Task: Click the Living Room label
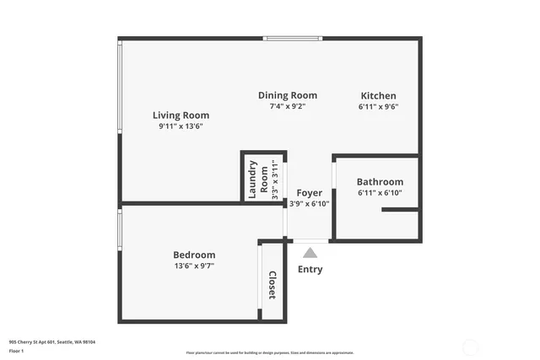click(x=181, y=115)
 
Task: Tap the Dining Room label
click(x=287, y=95)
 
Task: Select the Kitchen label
click(x=378, y=95)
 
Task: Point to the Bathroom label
click(x=380, y=181)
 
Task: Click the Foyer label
click(x=309, y=193)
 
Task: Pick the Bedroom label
click(x=194, y=255)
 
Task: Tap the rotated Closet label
click(x=272, y=285)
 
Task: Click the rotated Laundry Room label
click(x=258, y=177)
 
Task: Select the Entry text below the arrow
click(x=310, y=270)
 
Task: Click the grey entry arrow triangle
click(x=310, y=252)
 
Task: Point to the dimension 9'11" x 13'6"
click(x=181, y=126)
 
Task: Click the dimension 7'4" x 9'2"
click(x=287, y=107)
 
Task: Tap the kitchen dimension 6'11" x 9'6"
click(x=378, y=107)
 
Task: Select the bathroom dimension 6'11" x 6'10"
click(x=380, y=193)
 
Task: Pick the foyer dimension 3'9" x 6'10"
click(x=309, y=203)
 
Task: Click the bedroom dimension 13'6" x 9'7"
click(x=194, y=266)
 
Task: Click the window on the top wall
click(x=293, y=38)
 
